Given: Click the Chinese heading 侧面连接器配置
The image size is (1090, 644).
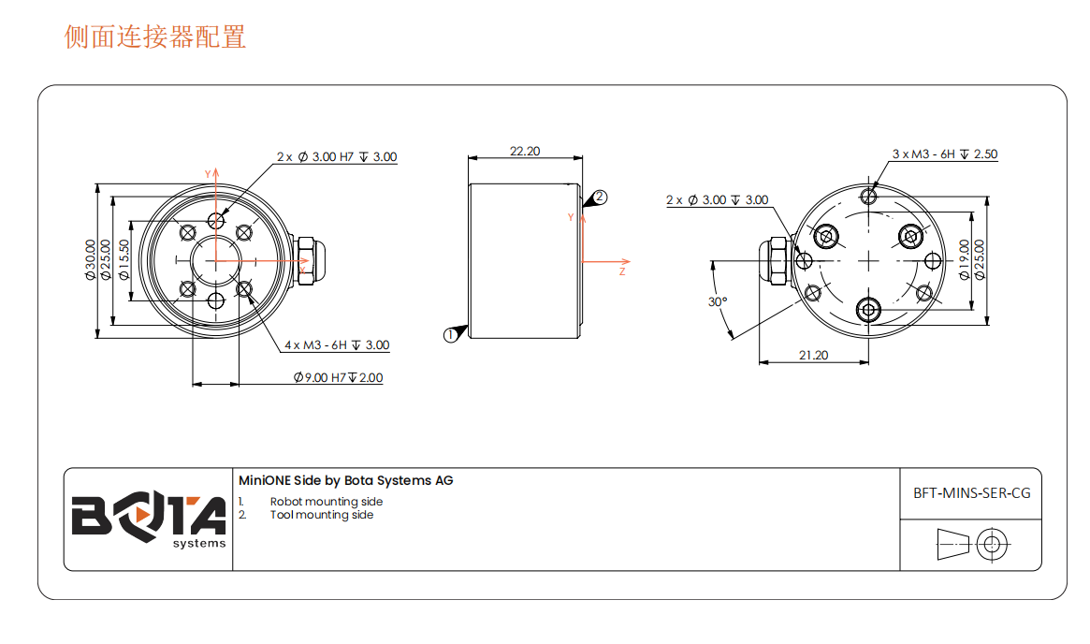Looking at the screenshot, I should (x=155, y=37).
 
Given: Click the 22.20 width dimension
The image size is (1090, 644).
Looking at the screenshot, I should (x=525, y=151).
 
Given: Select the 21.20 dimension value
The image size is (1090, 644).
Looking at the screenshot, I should (x=813, y=355).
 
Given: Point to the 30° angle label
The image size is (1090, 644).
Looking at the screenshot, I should (x=718, y=302).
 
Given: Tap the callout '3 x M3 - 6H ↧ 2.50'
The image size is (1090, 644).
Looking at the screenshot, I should (x=944, y=154).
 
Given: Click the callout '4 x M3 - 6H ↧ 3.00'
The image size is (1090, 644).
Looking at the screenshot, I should (x=337, y=345).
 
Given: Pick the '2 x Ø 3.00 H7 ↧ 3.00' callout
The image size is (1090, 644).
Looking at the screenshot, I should (x=337, y=157).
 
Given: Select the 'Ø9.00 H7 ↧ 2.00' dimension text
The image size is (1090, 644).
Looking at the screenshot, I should (x=338, y=378).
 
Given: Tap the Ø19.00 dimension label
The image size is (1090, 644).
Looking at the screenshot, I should (x=965, y=259).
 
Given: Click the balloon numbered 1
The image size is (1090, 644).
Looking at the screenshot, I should (x=451, y=334).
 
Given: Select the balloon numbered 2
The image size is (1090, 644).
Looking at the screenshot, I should (x=601, y=198).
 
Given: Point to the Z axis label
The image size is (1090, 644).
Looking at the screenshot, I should (x=622, y=271).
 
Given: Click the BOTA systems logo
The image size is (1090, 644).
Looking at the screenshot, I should (x=149, y=519).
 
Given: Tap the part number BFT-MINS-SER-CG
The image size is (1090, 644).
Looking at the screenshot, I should (x=971, y=492).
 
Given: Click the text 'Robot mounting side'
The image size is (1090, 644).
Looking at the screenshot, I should (x=327, y=502).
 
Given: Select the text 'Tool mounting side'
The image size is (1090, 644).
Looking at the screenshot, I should (x=322, y=515).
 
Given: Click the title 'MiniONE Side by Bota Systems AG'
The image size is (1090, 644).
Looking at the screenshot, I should (x=346, y=480).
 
